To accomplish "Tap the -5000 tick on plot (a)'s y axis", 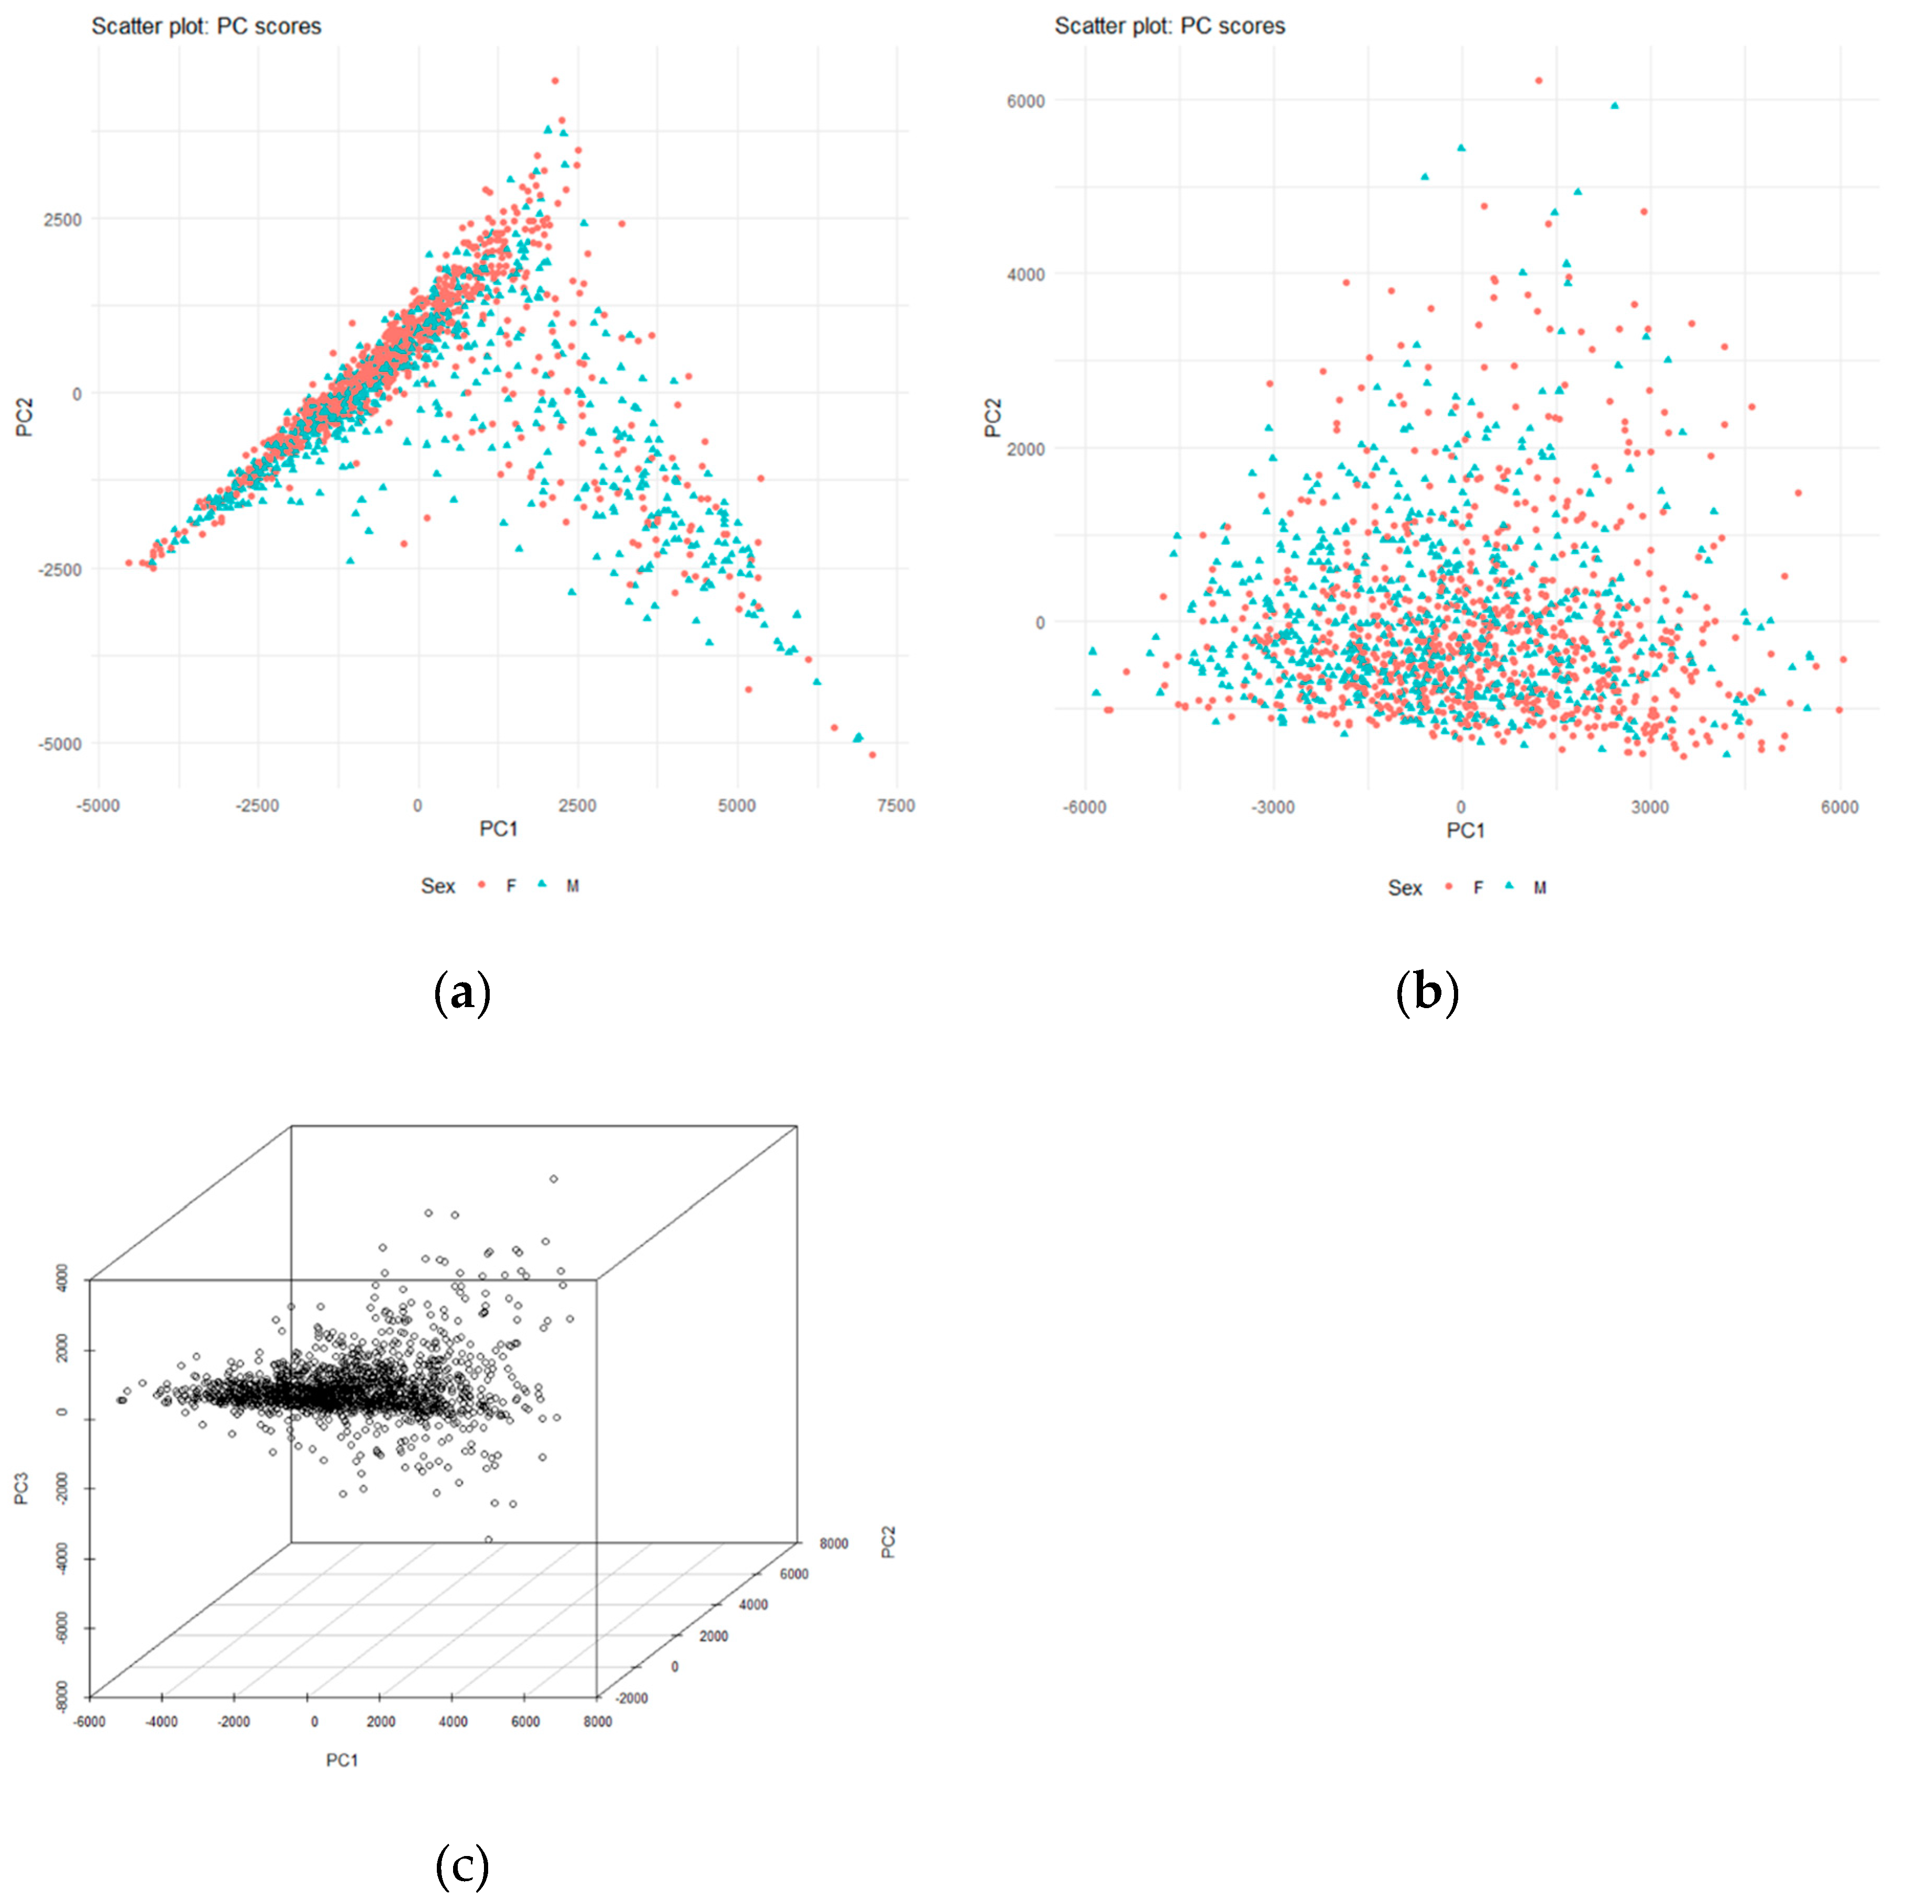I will coord(61,744).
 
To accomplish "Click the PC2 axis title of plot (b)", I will coord(994,417).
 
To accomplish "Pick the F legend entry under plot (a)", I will coord(510,886).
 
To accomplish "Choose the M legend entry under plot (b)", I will coord(1539,888).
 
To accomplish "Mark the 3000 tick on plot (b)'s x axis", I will coord(1649,808).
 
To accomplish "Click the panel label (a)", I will coord(461,995).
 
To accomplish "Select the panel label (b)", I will coord(1427,995).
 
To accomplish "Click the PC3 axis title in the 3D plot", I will coord(21,1488).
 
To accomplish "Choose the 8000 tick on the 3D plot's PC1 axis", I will coord(598,1721).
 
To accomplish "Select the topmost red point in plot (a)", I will coord(555,81).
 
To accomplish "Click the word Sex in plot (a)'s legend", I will coord(438,886).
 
